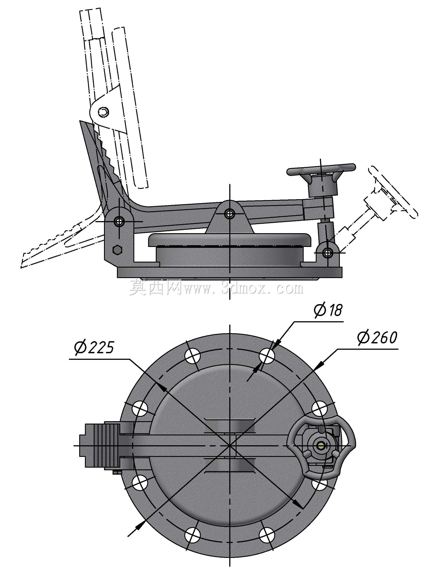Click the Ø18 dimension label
[328, 310]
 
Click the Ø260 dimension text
[377, 338]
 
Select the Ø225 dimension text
[94, 348]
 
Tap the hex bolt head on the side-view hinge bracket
[117, 250]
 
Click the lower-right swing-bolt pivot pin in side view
[327, 252]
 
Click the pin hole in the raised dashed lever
[103, 112]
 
